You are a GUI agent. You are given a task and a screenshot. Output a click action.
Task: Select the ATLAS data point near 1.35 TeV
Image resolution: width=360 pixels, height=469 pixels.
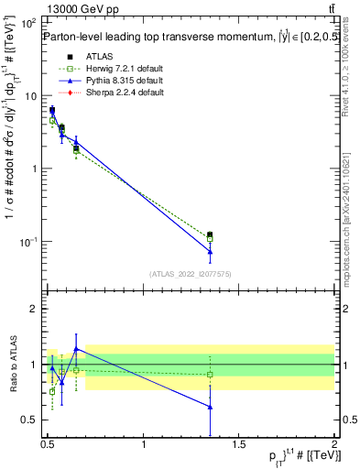210,235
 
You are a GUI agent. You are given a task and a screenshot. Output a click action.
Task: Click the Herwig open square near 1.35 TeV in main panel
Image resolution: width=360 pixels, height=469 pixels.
210,239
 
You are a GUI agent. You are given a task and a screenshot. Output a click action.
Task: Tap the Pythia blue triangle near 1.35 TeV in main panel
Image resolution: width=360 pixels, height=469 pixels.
210,251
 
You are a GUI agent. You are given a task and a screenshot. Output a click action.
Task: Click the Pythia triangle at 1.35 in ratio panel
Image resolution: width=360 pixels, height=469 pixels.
210,407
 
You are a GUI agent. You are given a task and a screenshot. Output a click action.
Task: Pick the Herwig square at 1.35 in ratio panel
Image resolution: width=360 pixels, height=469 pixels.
210,374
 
